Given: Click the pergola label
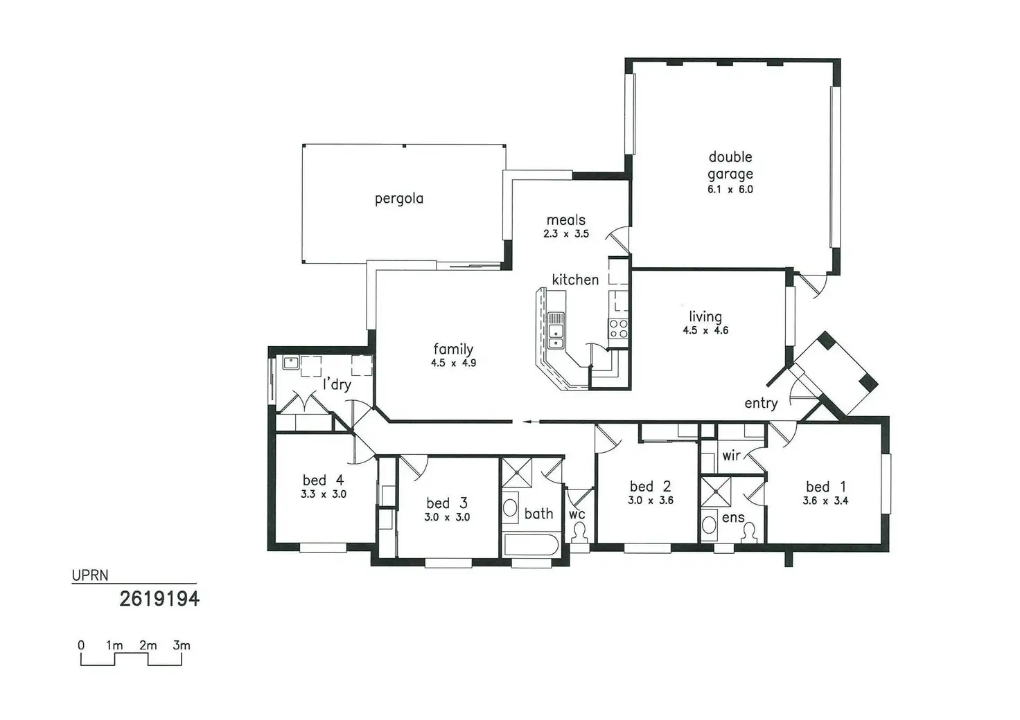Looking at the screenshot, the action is (399, 199).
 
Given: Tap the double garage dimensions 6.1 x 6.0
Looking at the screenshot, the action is (730, 189).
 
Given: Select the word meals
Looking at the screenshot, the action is (565, 220).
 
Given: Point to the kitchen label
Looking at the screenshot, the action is (575, 280).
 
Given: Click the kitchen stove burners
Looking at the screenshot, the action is (618, 329).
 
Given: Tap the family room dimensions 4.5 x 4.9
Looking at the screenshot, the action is (453, 363).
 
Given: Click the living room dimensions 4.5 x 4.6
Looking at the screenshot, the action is (705, 330).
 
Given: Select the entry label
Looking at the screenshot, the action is (761, 403).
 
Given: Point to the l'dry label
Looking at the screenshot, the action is (337, 384).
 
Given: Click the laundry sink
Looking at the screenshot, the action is (290, 363).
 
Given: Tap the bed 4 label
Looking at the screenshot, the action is (323, 480).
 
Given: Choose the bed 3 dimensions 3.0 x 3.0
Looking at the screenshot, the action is (447, 517).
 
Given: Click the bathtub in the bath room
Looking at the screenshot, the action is (531, 545).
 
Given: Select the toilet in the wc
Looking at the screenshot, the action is (579, 532).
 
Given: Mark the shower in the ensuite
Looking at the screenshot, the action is (716, 492).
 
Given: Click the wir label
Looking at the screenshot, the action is (731, 456).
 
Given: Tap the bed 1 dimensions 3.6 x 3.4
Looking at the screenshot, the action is (825, 501).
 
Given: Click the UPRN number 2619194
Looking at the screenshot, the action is (159, 599).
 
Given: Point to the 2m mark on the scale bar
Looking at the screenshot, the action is (148, 645).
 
